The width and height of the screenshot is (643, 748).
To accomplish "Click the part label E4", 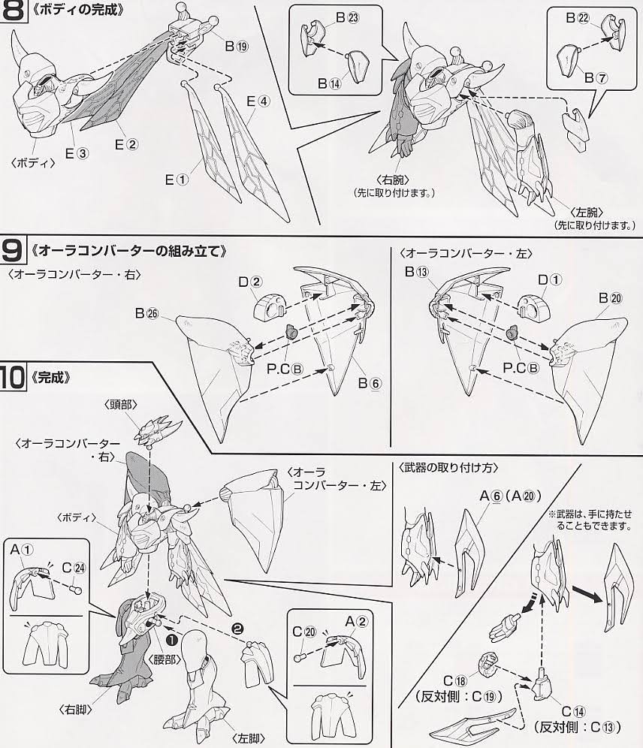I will [257, 102].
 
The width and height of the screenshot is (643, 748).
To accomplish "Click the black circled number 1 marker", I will [171, 639].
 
